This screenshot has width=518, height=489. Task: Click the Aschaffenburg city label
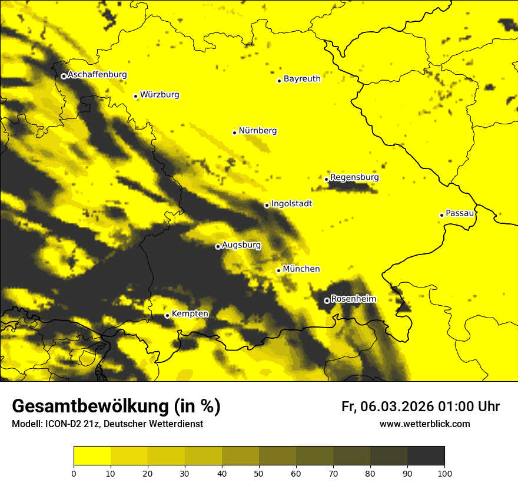point(97,75)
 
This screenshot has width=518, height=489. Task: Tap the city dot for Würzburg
point(135,96)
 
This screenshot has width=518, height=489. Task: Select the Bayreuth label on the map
point(302,79)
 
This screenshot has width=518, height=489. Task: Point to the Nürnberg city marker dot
point(234,133)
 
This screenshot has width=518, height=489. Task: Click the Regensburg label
point(354,177)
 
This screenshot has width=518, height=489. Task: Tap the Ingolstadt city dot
point(267,205)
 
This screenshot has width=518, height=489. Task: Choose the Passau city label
point(460,213)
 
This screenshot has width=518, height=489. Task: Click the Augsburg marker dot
point(218,246)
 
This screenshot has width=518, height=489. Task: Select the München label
point(301,269)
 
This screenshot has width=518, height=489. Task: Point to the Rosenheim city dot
point(327,300)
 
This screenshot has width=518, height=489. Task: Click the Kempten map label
point(190,314)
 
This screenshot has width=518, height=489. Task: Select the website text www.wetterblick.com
point(424,424)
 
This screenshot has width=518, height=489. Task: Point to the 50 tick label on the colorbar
point(259,473)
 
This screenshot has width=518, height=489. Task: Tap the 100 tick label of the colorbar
point(444,473)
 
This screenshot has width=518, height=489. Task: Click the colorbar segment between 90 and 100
point(426,456)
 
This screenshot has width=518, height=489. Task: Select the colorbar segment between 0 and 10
point(92,456)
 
